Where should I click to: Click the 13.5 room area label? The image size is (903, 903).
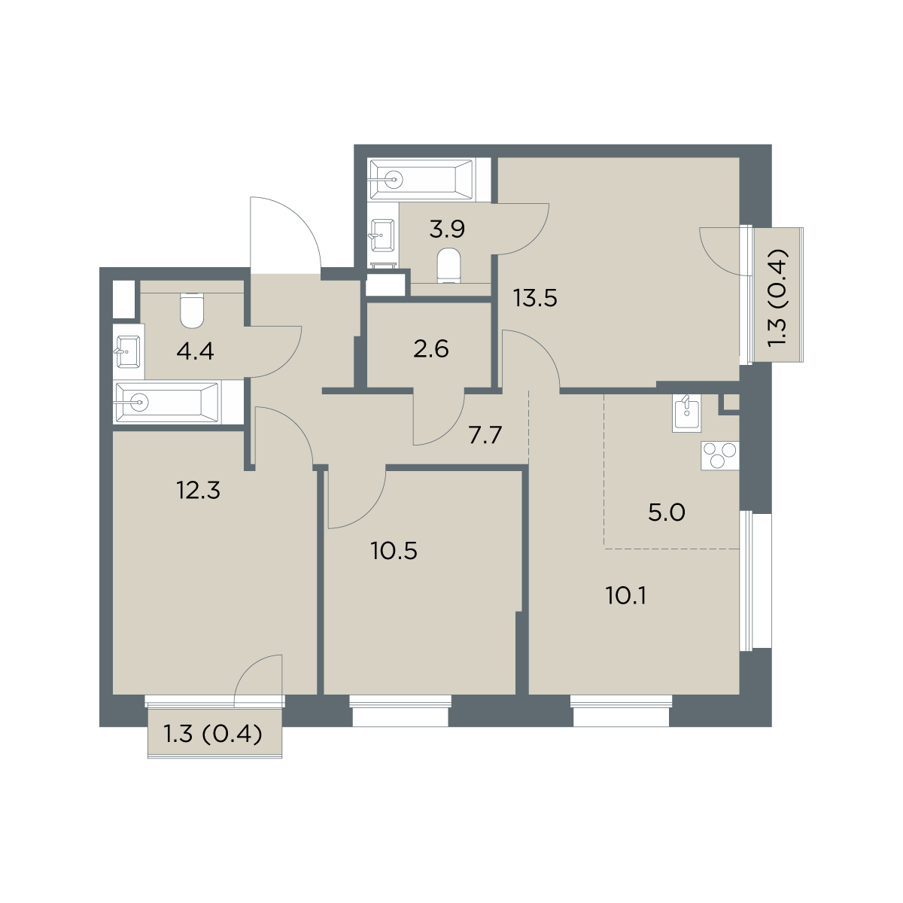(x=535, y=298)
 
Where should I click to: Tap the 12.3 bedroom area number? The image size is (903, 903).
(x=198, y=491)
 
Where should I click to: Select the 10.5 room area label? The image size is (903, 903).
(x=394, y=551)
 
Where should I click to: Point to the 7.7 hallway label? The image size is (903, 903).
(x=485, y=436)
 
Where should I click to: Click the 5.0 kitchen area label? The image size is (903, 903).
(x=667, y=512)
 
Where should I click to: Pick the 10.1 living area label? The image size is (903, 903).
(x=627, y=596)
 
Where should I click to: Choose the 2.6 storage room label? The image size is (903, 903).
(x=431, y=349)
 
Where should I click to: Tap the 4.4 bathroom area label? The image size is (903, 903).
(x=196, y=351)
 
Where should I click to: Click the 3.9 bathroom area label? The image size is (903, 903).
(x=447, y=230)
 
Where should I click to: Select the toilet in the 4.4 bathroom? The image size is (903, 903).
(x=192, y=309)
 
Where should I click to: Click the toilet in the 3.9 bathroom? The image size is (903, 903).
(x=449, y=266)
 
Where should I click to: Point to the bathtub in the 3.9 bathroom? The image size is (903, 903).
(x=421, y=180)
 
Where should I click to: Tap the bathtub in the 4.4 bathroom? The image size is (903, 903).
(x=168, y=403)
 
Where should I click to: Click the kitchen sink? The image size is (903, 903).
(x=686, y=412)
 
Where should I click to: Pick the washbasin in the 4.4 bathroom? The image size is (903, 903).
(x=128, y=351)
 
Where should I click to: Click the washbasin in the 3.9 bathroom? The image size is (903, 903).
(x=383, y=235)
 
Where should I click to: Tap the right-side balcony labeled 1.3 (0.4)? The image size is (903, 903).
(x=778, y=294)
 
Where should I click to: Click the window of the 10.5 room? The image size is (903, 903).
(x=400, y=710)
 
